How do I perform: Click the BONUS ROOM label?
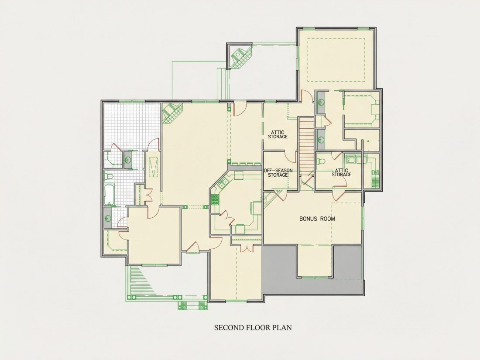[317, 219]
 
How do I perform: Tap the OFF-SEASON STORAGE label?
[278, 173]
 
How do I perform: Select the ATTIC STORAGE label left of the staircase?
[278, 134]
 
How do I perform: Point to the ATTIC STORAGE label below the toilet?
[341, 172]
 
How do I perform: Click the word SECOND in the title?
[229, 328]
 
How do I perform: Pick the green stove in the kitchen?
[215, 199]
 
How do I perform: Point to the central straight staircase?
[306, 146]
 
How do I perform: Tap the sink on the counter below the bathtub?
[108, 218]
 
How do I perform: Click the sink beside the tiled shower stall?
[128, 159]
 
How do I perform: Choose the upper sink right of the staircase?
[321, 102]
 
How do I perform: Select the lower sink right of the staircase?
[321, 139]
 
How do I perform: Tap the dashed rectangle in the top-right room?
[336, 60]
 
